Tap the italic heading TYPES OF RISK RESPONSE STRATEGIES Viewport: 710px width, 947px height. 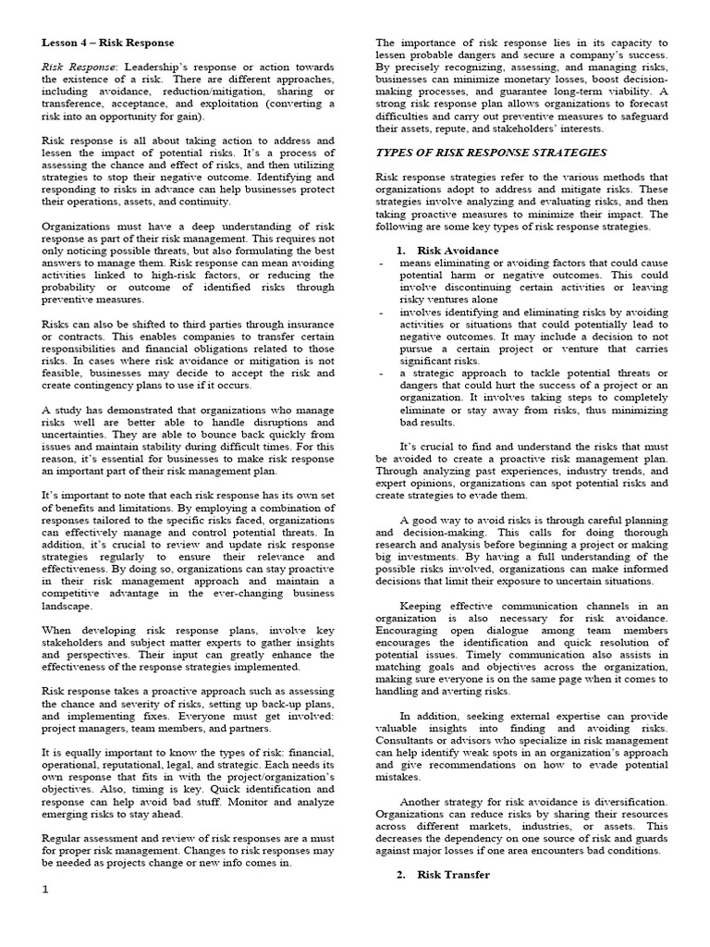pos(491,152)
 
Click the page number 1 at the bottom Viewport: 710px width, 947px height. pos(44,916)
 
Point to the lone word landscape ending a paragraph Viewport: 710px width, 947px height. pos(68,606)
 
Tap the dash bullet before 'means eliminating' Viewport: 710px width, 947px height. pos(382,263)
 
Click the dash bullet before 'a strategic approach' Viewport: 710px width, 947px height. pos(382,374)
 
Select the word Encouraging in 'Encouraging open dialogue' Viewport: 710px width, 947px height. pos(413,643)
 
